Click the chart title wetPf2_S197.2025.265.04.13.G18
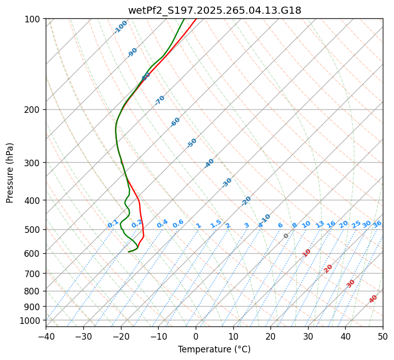tap(214, 10)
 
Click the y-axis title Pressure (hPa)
tap(10, 172)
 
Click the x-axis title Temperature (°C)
tap(214, 349)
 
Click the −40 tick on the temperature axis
tap(46, 336)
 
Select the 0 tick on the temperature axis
tap(196, 336)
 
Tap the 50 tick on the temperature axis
tap(383, 336)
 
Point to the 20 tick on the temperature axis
tap(270, 336)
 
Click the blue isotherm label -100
tap(121, 27)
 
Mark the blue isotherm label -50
tap(192, 143)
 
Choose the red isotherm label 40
tap(373, 299)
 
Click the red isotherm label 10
tap(307, 253)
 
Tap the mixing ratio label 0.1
tap(113, 224)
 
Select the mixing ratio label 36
tap(377, 224)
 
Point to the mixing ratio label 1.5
tap(216, 224)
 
